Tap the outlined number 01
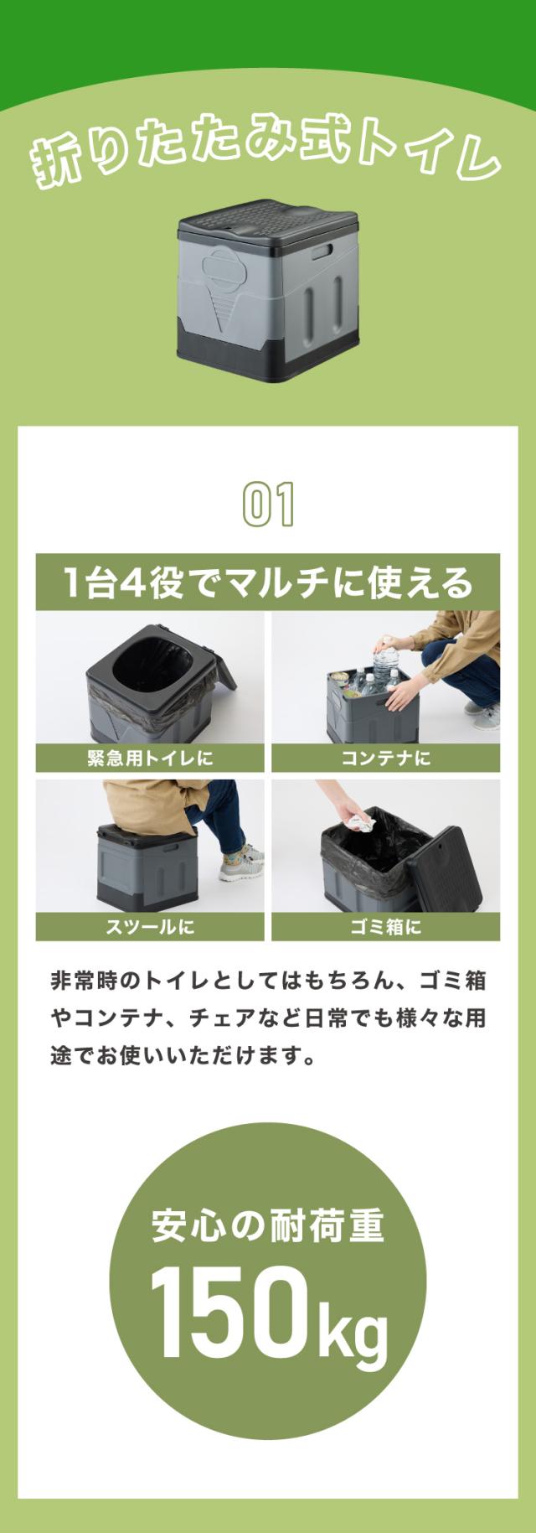[x=268, y=504]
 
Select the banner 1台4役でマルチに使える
[x=268, y=583]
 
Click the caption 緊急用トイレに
[x=150, y=759]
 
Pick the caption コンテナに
[x=385, y=759]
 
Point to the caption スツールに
[x=150, y=927]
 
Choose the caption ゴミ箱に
[x=385, y=927]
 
